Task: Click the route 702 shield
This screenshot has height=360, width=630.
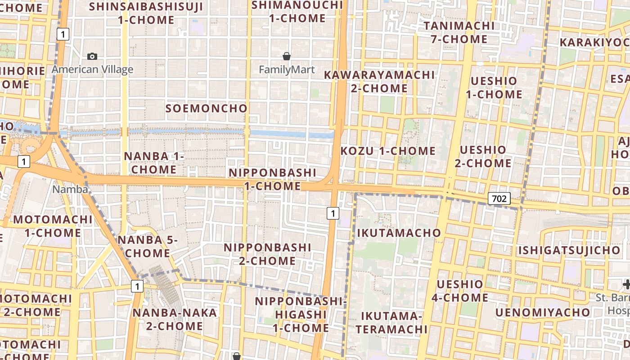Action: tap(499, 198)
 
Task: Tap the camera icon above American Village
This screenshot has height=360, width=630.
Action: tap(92, 56)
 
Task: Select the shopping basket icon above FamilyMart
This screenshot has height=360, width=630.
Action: tap(287, 56)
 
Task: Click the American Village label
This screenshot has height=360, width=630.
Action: tap(92, 69)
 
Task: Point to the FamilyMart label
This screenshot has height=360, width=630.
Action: tap(287, 70)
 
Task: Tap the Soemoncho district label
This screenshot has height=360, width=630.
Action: tap(207, 108)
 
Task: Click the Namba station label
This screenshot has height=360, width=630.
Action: tap(70, 189)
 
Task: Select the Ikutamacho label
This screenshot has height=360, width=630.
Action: tap(399, 233)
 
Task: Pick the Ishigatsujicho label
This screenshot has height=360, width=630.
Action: tap(569, 250)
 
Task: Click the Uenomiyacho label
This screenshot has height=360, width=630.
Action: tap(542, 312)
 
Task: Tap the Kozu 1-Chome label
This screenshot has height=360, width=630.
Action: tap(388, 151)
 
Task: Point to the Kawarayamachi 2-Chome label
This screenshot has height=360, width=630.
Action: tap(379, 81)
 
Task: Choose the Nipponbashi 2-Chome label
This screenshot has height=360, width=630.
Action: tap(267, 254)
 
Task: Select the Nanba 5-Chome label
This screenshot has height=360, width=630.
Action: tap(148, 247)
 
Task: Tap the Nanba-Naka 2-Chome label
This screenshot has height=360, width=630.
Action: tap(175, 319)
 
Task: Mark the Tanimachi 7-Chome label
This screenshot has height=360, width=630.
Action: tap(459, 32)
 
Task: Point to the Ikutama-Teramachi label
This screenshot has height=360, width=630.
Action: tap(391, 322)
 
